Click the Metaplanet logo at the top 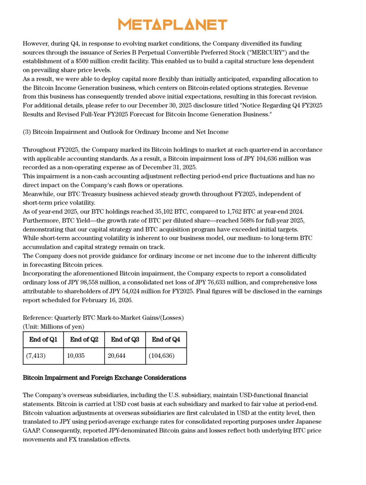click(173, 24)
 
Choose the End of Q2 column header click(84, 339)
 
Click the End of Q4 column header click(166, 339)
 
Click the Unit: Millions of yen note click(53, 326)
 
